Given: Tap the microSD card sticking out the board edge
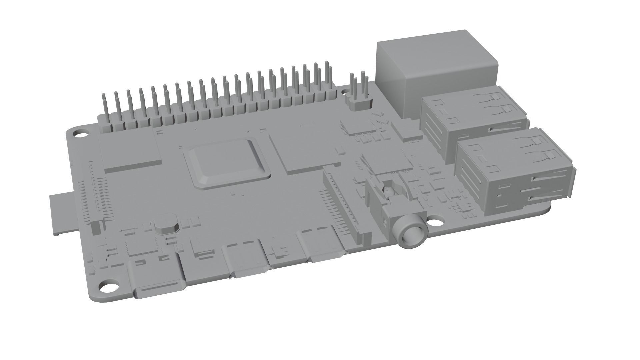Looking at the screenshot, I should point(62,213).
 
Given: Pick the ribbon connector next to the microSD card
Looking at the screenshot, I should point(95,197).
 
